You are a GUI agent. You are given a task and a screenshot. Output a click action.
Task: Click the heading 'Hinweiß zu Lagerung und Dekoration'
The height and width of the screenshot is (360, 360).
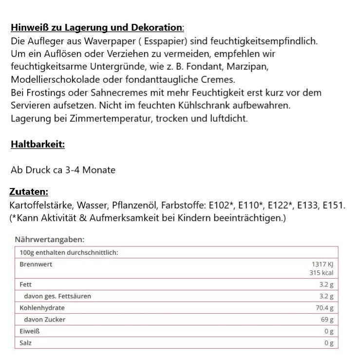pyautogui.click(x=97, y=27)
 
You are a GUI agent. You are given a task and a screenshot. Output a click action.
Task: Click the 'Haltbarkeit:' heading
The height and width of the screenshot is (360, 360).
pyautogui.click(x=38, y=144)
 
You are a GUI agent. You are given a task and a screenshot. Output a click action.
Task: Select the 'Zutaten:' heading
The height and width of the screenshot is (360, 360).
pyautogui.click(x=29, y=192)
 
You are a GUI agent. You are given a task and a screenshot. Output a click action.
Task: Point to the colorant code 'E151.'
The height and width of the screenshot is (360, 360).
pyautogui.click(x=334, y=205)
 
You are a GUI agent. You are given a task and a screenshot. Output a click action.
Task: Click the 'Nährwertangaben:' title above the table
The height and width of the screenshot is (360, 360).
pyautogui.click(x=50, y=240)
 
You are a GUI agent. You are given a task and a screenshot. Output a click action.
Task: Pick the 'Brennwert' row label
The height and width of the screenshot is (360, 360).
pyautogui.click(x=36, y=264)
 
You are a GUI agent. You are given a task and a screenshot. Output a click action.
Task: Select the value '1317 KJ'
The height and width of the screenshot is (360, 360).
pyautogui.click(x=322, y=264)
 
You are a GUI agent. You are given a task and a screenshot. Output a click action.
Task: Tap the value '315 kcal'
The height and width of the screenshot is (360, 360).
pyautogui.click(x=322, y=272)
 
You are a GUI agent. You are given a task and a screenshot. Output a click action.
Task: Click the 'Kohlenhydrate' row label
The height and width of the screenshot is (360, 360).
pyautogui.click(x=42, y=308)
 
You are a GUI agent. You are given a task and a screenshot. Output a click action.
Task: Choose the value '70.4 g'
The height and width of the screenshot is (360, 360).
pyautogui.click(x=324, y=308)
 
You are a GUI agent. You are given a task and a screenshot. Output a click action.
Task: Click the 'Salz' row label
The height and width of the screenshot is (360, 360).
pyautogui.click(x=26, y=343)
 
